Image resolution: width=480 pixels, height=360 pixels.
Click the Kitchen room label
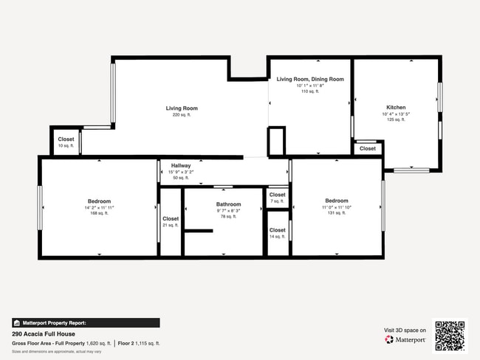[x=396, y=108]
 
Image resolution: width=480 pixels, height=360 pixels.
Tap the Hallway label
[x=181, y=166]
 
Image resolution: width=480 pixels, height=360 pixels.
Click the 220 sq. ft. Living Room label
[x=181, y=108]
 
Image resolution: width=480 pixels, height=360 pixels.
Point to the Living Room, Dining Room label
[x=310, y=79]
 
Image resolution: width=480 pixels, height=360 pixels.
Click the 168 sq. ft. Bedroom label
[x=99, y=201]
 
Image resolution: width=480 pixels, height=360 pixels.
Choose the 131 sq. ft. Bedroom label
[x=337, y=201]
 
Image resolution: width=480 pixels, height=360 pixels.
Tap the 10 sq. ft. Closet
[x=66, y=139]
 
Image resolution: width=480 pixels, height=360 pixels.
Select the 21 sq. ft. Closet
[x=171, y=219]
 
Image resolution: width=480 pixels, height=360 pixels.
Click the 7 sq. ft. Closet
[x=277, y=195]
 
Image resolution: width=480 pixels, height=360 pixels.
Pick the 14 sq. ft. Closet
[x=277, y=232]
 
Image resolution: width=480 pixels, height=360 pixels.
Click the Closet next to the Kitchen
[x=367, y=148]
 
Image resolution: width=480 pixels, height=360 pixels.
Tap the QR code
[x=450, y=335]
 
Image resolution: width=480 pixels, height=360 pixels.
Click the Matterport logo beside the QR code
[x=405, y=339]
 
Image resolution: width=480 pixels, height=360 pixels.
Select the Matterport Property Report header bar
[x=85, y=322]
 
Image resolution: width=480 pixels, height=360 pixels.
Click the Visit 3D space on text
[x=405, y=330]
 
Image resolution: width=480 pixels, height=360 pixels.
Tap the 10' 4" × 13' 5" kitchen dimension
[x=396, y=114]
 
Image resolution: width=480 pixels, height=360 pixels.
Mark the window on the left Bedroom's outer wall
[x=40, y=207]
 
